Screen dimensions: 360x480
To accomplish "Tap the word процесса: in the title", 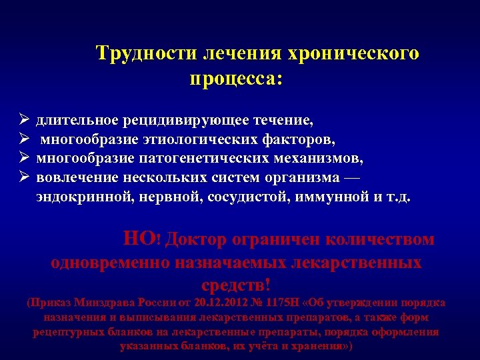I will click(237, 79).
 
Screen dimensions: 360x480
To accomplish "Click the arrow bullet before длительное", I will click(23, 121).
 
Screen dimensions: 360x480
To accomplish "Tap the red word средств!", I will click(239, 285).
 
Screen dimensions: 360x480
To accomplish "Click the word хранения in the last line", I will click(321, 347).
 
